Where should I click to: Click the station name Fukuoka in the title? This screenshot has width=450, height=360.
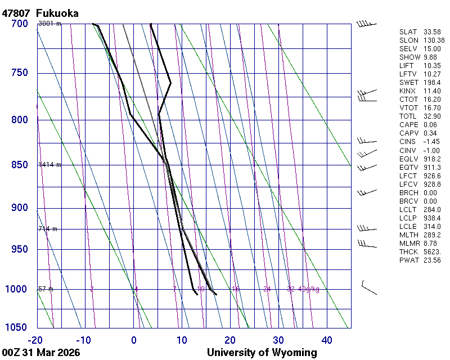click(x=57, y=13)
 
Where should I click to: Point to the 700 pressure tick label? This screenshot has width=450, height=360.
click(x=20, y=24)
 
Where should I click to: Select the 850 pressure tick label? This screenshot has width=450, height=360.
click(x=20, y=165)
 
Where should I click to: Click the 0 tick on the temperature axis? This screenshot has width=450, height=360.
click(x=134, y=340)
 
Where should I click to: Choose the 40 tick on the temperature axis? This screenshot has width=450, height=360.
click(x=327, y=340)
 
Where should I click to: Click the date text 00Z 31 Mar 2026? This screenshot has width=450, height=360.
click(x=41, y=353)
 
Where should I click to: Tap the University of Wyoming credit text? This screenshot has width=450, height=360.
click(x=262, y=353)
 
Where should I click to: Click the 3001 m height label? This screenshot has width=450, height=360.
click(x=49, y=24)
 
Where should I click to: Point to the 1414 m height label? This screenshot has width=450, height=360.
click(x=49, y=165)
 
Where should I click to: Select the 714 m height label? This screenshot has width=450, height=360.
click(x=48, y=229)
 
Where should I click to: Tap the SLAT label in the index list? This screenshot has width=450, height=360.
click(x=408, y=31)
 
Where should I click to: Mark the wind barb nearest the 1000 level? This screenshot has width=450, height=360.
click(x=368, y=287)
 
